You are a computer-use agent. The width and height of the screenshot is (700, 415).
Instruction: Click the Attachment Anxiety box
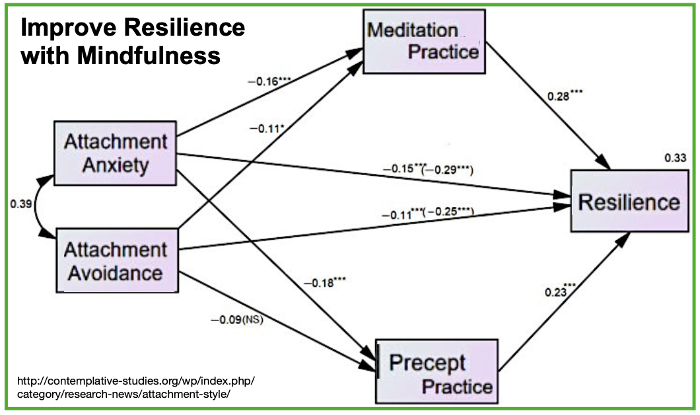tap(116, 153)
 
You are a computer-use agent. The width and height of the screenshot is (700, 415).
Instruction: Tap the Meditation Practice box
tap(423, 40)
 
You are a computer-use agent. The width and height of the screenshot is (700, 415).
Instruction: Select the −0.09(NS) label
tap(236, 321)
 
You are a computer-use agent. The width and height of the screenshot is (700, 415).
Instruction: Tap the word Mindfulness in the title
tap(149, 56)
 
